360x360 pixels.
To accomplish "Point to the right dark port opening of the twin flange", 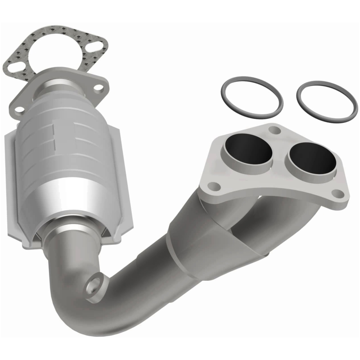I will tap(312, 161).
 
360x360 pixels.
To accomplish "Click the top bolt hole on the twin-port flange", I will tap(275, 130).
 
